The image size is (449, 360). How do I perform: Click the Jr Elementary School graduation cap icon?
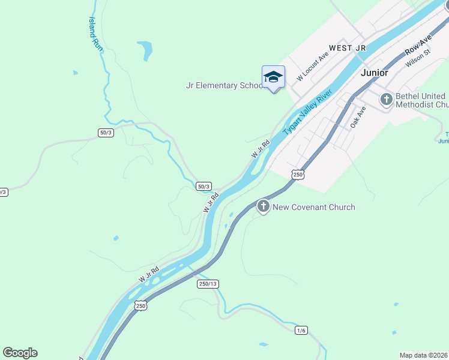point(273,77)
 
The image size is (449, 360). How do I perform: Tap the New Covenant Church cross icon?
point(263,207)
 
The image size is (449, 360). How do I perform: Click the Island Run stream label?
point(93,32)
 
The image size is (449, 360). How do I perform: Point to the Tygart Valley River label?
point(307,112)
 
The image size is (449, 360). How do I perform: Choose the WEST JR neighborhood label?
point(347,47)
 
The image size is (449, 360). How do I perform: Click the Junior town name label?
point(375,73)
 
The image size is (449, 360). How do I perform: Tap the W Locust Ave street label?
point(313,66)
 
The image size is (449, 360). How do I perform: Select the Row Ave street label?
point(418,43)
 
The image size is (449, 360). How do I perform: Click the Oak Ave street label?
point(358,117)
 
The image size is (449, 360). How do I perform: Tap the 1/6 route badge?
point(301,331)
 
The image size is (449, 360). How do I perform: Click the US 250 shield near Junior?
point(298,174)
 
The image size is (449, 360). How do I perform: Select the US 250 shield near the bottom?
point(140,306)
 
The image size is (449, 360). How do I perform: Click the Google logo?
point(20,353)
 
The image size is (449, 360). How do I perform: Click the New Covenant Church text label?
point(314,208)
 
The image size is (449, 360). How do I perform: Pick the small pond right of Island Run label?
point(144,50)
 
